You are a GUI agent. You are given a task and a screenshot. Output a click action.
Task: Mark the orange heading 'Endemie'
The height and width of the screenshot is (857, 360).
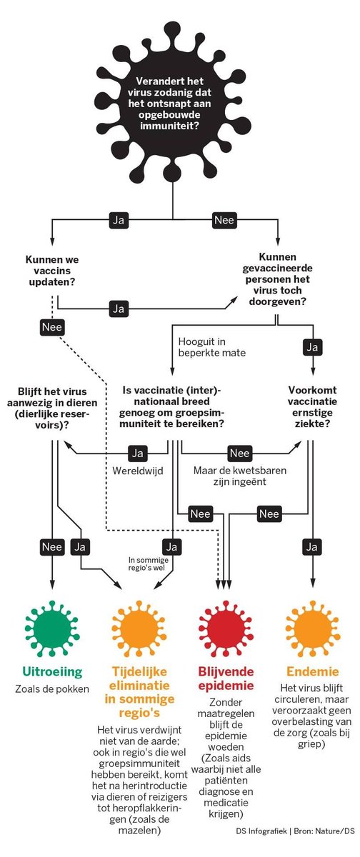point(312,671)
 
